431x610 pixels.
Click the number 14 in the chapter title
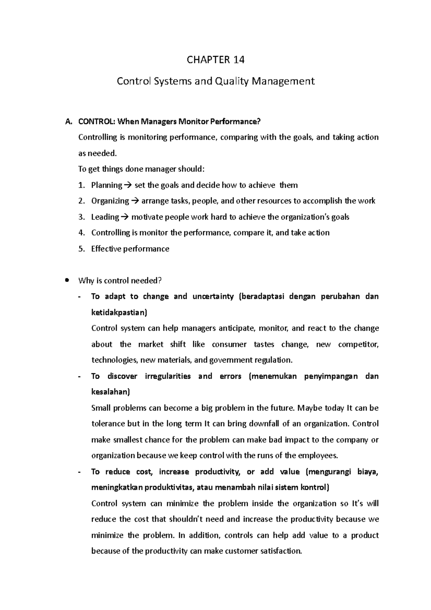(237, 60)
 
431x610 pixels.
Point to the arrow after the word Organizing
(135, 201)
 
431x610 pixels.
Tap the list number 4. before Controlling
(82, 233)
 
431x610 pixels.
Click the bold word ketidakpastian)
(119, 312)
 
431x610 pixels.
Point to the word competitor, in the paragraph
(358, 344)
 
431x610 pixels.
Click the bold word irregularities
(168, 376)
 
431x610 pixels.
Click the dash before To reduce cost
(79, 472)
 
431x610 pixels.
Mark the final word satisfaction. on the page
(280, 551)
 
